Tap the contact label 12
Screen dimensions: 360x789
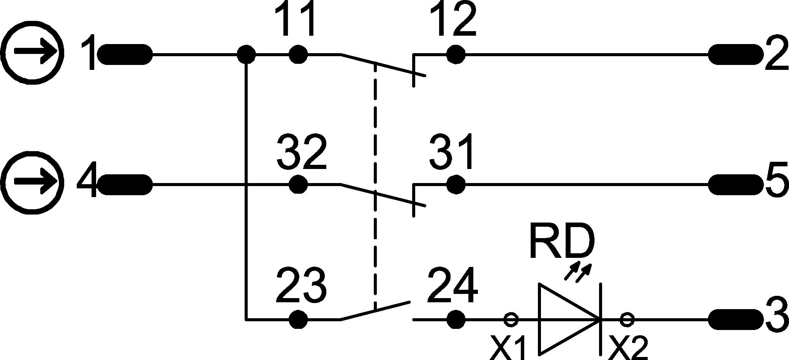point(454,20)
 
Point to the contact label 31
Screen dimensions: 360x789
point(452,152)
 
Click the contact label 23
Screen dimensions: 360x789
point(301,286)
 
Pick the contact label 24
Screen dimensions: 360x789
point(452,286)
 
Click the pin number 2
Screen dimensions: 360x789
point(775,55)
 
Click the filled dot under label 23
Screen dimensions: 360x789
point(298,320)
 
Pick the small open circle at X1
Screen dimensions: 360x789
point(511,320)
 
